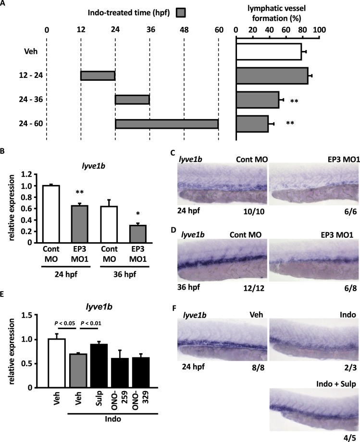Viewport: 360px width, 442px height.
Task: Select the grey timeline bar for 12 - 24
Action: (x=98, y=75)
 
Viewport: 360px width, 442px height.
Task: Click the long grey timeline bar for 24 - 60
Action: (x=167, y=123)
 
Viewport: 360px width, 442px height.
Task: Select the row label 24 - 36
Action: (x=22, y=99)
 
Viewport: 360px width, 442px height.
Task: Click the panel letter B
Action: (x=4, y=151)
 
